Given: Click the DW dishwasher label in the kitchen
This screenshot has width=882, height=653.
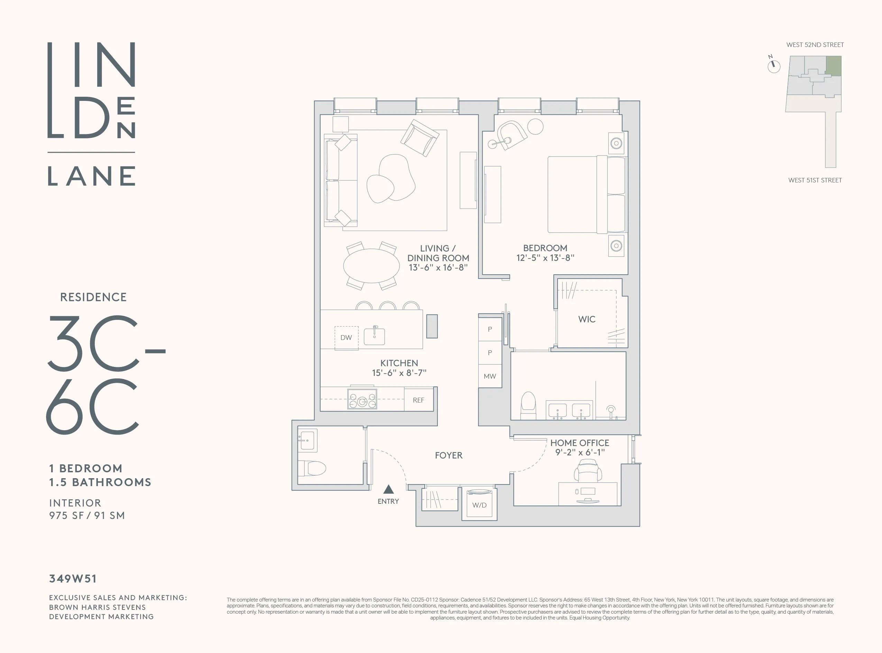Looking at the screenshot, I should pyautogui.click(x=346, y=338).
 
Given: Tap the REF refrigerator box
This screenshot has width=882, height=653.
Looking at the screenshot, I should pyautogui.click(x=418, y=400).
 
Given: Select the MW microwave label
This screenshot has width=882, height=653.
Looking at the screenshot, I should pyautogui.click(x=489, y=376).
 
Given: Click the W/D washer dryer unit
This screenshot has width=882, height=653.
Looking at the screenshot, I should pyautogui.click(x=479, y=504).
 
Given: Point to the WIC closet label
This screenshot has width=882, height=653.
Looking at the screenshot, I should pyautogui.click(x=586, y=319).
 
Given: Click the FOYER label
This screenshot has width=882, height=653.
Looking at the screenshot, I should pyautogui.click(x=448, y=455).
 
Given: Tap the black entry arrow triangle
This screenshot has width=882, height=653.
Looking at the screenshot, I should pyautogui.click(x=388, y=490).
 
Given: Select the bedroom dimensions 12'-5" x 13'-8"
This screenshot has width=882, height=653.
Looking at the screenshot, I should pyautogui.click(x=545, y=258).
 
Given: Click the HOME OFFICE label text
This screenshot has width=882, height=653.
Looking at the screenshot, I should pyautogui.click(x=579, y=443).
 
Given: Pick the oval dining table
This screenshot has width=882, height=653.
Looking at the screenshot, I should pyautogui.click(x=371, y=266).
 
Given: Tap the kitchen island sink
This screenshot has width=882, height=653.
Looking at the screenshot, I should pyautogui.click(x=374, y=336).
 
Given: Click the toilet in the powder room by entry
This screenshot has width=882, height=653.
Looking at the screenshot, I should pyautogui.click(x=312, y=469).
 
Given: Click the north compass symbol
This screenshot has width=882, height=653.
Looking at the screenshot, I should pyautogui.click(x=774, y=66).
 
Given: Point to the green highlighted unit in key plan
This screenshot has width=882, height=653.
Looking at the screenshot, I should pyautogui.click(x=833, y=66).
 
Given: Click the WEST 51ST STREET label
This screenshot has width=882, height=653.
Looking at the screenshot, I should pyautogui.click(x=815, y=180).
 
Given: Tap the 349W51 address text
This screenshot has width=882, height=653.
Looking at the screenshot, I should pyautogui.click(x=73, y=579).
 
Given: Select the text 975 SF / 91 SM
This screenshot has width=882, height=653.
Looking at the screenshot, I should pyautogui.click(x=87, y=515).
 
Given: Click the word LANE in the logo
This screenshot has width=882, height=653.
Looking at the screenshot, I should pyautogui.click(x=92, y=176).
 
